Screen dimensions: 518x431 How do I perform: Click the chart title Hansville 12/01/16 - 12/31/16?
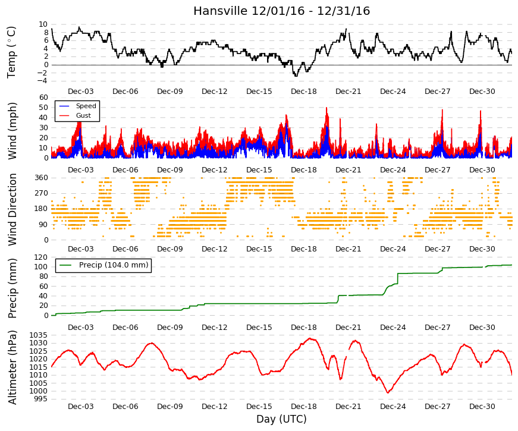[281, 11]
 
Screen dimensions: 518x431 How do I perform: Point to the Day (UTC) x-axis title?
[281, 419]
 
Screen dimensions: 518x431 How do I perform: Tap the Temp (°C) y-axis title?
[11, 52]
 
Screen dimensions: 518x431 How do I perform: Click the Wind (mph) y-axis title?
[11, 131]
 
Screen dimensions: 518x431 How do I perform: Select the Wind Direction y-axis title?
[12, 210]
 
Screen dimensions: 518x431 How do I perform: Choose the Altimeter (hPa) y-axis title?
[12, 367]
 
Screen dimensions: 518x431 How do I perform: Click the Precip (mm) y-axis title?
[12, 288]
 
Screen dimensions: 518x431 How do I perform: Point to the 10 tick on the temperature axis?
[43, 24]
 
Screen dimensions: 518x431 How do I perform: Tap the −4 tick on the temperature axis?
[43, 81]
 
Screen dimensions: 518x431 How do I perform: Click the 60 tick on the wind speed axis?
[43, 97]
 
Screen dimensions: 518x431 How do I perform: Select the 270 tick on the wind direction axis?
[41, 193]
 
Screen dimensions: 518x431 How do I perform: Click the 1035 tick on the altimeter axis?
[38, 335]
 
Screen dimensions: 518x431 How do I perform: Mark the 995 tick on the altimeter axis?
[40, 399]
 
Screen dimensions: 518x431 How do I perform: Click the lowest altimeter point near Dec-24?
[388, 393]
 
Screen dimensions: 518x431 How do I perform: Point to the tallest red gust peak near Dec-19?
[327, 108]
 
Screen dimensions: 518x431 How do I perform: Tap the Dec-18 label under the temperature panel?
[303, 92]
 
